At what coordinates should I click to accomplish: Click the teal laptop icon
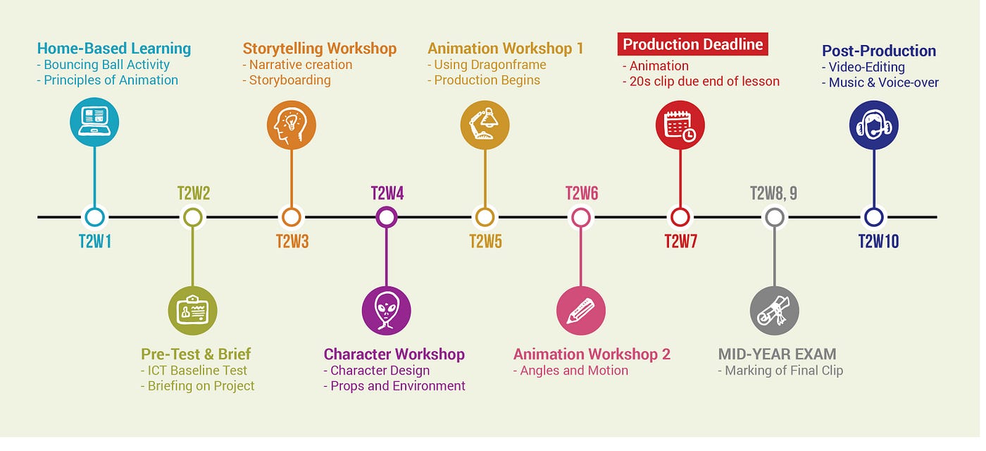click(x=94, y=122)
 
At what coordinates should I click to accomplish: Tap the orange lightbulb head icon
click(x=291, y=125)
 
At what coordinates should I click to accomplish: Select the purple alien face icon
click(x=386, y=310)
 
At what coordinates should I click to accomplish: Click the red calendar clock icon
click(x=680, y=125)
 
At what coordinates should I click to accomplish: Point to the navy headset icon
click(x=873, y=125)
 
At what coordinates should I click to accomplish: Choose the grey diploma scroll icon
click(x=774, y=310)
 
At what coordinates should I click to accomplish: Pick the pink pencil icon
click(x=580, y=310)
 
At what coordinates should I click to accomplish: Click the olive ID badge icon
click(x=192, y=310)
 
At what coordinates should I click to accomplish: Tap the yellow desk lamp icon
click(x=485, y=125)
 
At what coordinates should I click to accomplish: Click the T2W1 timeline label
click(x=95, y=242)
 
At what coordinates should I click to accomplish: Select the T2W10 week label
click(x=878, y=242)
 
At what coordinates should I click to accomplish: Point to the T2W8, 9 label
click(x=773, y=193)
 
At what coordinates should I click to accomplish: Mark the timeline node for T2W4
click(x=386, y=217)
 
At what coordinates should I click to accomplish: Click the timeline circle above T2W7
click(x=680, y=217)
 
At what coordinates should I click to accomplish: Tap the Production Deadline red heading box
click(x=692, y=44)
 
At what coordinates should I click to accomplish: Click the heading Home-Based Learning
click(x=114, y=49)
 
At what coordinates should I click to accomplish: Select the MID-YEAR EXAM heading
click(x=777, y=354)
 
